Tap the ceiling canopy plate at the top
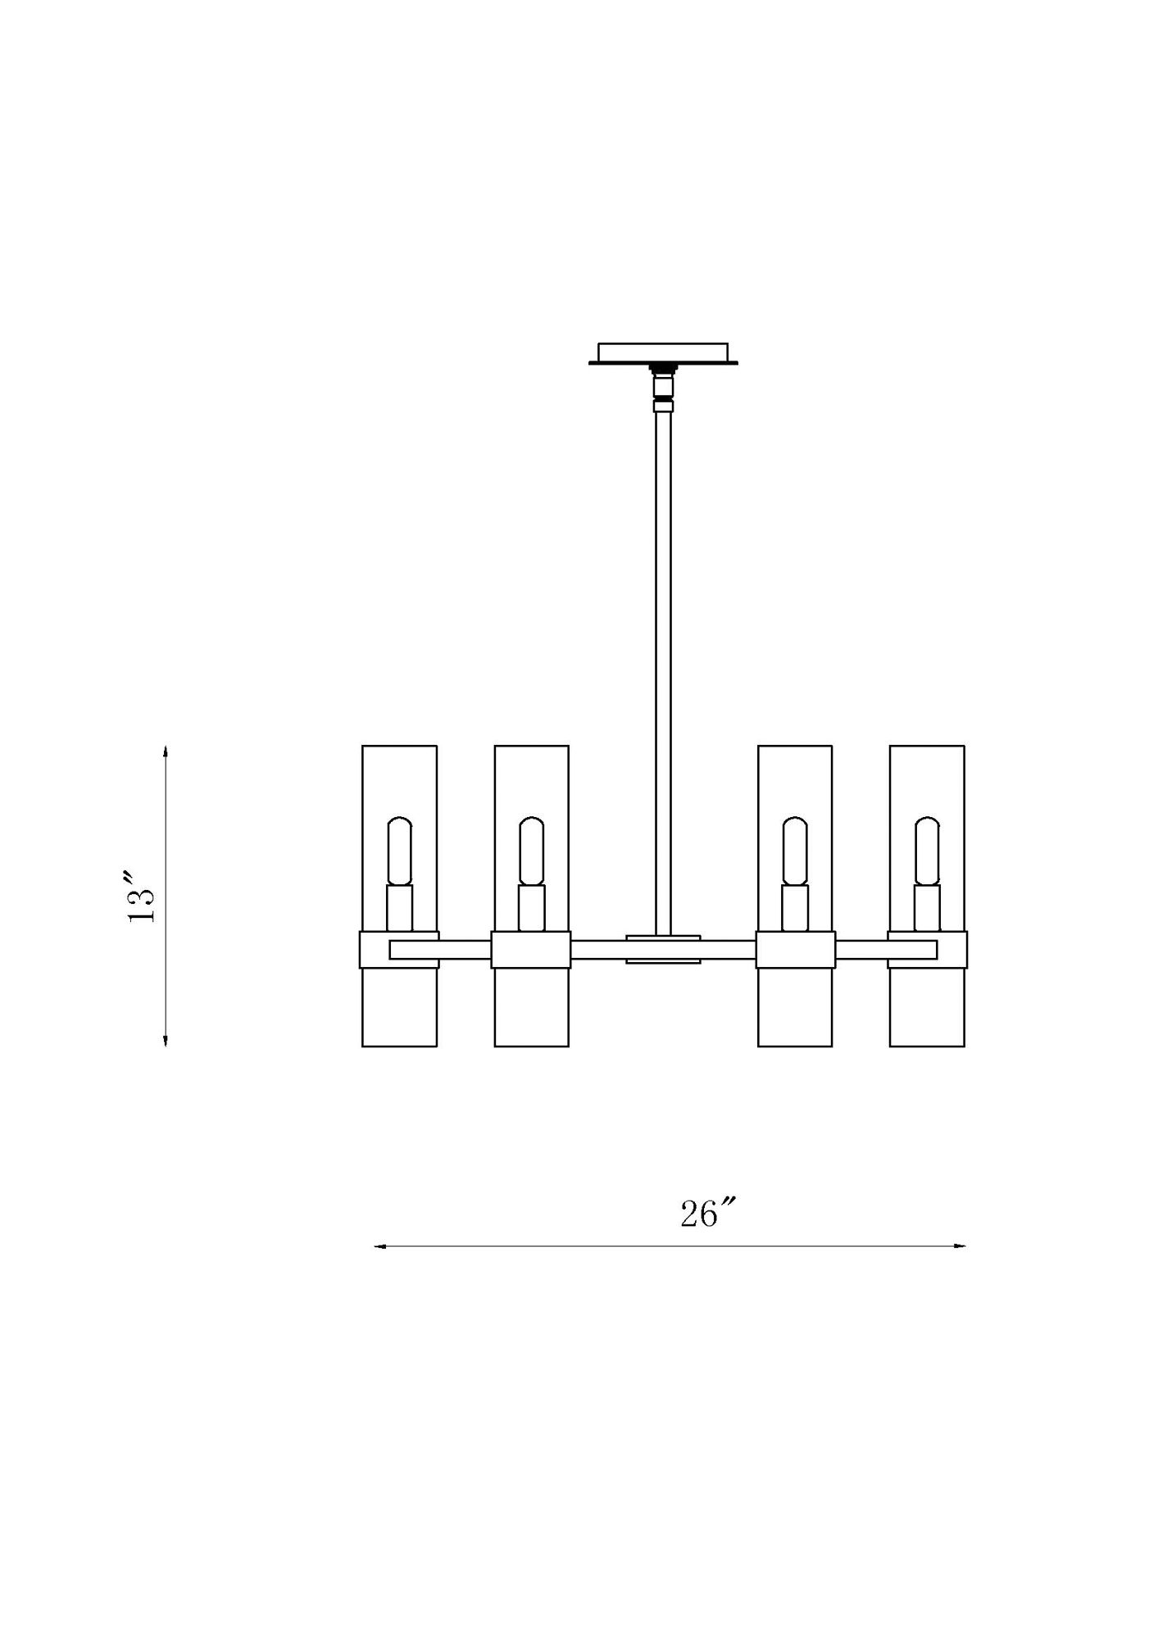[663, 353]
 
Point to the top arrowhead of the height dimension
[166, 751]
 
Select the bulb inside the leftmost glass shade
[399, 850]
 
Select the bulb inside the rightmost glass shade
[927, 850]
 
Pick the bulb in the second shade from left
[531, 850]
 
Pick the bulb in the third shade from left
[795, 850]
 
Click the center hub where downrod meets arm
[663, 949]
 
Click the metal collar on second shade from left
[531, 949]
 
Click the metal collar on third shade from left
[795, 949]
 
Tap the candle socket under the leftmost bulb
[399, 907]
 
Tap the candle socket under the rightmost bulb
[927, 907]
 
